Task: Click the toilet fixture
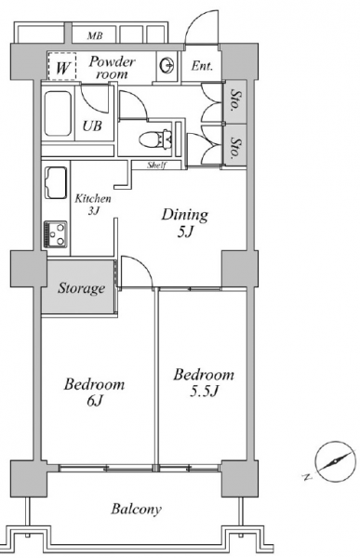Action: [x=156, y=138]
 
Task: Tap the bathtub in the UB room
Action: [x=58, y=113]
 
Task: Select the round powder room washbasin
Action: [x=167, y=65]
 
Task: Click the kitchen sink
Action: [x=56, y=183]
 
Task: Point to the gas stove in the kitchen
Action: [x=56, y=234]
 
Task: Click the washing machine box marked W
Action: [x=62, y=66]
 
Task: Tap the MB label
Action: [x=95, y=35]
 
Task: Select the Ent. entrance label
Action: [x=202, y=66]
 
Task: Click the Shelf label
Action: [x=157, y=166]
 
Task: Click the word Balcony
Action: [x=136, y=509]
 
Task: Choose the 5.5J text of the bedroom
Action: [x=204, y=392]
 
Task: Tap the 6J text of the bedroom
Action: [x=94, y=401]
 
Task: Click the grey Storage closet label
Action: [x=82, y=287]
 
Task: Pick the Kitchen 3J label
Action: [x=93, y=205]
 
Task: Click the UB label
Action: [x=92, y=126]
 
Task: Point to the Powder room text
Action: [x=112, y=67]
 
